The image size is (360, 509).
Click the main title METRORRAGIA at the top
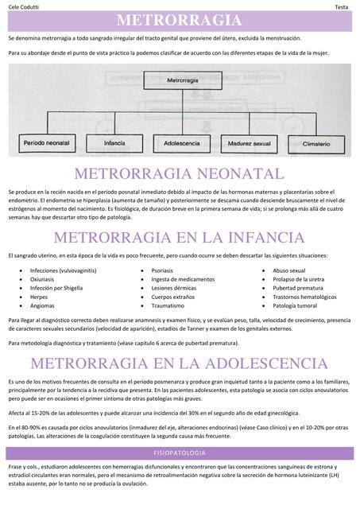180,20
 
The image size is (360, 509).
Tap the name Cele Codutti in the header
25,6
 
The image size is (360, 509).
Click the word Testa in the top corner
342,6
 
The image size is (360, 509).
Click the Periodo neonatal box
47,144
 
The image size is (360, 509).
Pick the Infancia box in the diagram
114,144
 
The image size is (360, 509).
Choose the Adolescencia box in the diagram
181,144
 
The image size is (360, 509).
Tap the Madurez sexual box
250,144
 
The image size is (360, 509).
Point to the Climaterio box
316,144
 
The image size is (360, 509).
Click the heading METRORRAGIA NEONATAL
180,174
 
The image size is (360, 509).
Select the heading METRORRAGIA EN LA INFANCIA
180,238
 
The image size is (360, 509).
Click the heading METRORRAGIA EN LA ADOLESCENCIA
180,363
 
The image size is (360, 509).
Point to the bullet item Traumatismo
168,305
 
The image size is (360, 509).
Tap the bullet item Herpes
39,297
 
